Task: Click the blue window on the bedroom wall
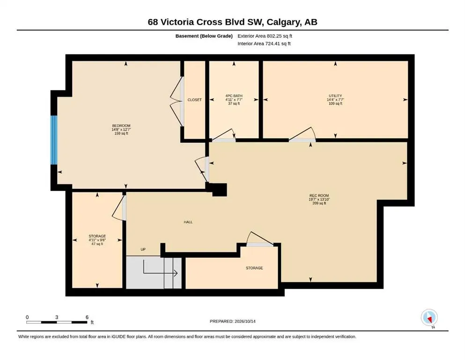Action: [54, 140]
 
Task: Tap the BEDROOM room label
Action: [121, 126]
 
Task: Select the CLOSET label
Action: [194, 100]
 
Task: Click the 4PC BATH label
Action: [234, 96]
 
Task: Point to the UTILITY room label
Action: [335, 96]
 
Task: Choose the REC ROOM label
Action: [319, 195]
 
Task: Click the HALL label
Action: [188, 222]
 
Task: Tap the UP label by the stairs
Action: [143, 249]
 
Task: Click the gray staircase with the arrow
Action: [154, 272]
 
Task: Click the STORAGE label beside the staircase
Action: [254, 268]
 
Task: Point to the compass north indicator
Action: [429, 318]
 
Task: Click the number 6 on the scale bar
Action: [87, 317]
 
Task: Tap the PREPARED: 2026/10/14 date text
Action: [232, 321]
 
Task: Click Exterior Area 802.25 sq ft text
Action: [265, 36]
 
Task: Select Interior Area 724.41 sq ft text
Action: [264, 44]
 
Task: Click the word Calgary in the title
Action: [283, 22]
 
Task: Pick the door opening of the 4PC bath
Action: [224, 140]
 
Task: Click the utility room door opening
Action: [302, 140]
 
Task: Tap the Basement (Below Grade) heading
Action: [204, 36]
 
